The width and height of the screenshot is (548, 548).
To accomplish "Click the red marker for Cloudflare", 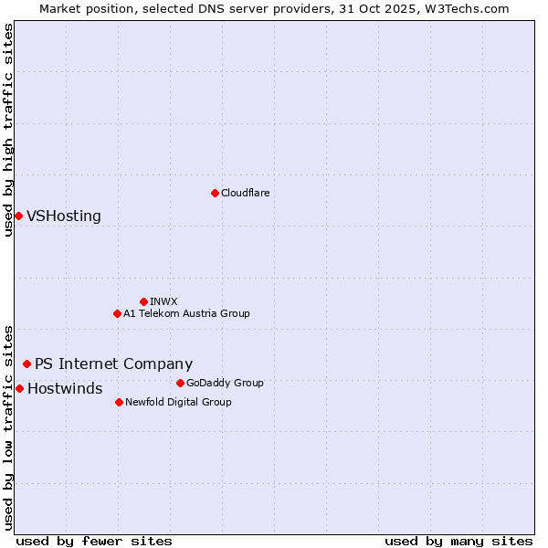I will [215, 193].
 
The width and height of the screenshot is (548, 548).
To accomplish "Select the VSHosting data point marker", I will [18, 216].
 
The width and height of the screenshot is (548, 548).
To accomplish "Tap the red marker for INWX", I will [143, 301].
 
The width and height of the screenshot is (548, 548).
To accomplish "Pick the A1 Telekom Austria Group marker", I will [117, 313].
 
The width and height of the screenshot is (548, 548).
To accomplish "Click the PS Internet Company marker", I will [26, 364].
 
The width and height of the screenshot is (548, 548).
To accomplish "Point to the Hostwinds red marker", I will [19, 388].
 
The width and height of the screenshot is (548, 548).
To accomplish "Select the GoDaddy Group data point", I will [180, 383].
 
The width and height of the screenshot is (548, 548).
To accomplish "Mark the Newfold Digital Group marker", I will [119, 402].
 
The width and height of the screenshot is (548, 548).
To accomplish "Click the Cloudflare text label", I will [245, 193].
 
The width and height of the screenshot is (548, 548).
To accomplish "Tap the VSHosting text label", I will [64, 216].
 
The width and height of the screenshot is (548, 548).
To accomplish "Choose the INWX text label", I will [163, 301].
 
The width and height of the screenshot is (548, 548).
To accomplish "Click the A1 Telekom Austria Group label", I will [186, 313].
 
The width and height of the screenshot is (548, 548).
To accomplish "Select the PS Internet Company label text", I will [113, 364].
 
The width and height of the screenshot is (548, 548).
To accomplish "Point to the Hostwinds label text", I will [65, 389].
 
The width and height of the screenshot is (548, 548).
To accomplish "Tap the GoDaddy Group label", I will [225, 383].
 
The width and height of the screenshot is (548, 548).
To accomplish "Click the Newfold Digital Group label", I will [178, 402].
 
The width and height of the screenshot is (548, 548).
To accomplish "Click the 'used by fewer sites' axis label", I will [94, 541].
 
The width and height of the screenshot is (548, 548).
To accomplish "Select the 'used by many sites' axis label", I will [458, 541].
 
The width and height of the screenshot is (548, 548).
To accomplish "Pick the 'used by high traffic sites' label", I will [8, 130].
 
